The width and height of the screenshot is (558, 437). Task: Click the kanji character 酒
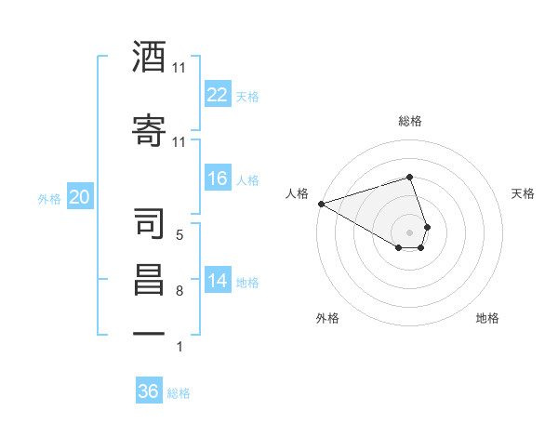(x=149, y=58)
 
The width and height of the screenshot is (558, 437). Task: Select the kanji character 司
(x=149, y=222)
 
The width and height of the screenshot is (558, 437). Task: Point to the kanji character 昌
(x=149, y=279)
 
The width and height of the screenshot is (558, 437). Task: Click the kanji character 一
(x=149, y=333)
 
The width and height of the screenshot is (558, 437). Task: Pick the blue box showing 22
(x=218, y=94)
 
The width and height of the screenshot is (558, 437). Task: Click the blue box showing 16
(x=218, y=179)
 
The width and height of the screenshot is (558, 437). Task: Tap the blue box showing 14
(x=218, y=281)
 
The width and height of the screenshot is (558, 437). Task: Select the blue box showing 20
(x=80, y=197)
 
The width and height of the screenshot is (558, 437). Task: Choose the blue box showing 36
(x=149, y=391)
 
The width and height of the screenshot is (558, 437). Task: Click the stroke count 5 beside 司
(x=179, y=235)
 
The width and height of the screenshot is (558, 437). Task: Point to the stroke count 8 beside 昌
(x=179, y=291)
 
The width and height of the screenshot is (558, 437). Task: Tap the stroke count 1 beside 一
(x=179, y=347)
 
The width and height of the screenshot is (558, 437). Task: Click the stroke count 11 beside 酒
(x=179, y=68)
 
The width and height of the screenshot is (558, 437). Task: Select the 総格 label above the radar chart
(x=410, y=121)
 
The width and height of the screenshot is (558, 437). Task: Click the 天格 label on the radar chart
(x=524, y=193)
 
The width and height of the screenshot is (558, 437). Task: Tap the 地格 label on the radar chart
(x=487, y=318)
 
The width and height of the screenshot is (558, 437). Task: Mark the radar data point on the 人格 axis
(x=321, y=203)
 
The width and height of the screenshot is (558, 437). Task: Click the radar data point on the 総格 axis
(x=410, y=177)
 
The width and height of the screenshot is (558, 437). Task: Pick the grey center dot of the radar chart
(x=410, y=232)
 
